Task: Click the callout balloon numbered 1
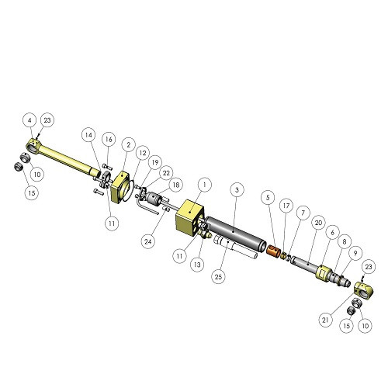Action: pos(205,185)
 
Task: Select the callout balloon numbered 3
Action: pos(237,190)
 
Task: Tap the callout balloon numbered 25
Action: pos(219,276)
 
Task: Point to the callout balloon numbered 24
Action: pos(148,241)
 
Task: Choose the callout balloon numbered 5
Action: pos(268,198)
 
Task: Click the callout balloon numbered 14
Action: pos(88,135)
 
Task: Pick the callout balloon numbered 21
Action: pos(325,320)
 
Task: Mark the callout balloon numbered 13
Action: pos(197,265)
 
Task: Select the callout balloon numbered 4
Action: pos(30,120)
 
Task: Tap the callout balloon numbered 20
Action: pos(318,223)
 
